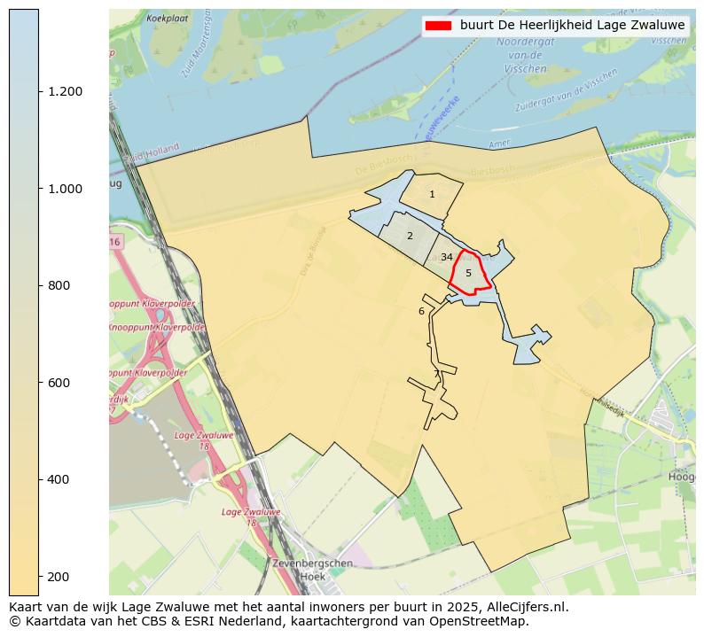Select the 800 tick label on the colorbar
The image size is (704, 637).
pos(58,285)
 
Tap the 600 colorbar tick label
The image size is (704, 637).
pos(58,383)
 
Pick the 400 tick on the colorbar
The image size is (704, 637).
pos(58,479)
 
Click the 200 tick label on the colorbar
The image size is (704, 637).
pos(58,577)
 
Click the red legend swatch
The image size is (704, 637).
pos(438,26)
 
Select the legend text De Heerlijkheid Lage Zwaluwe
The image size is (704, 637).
pos(573,26)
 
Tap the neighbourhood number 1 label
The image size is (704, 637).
pos(432,194)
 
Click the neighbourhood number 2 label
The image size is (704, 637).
pos(410,236)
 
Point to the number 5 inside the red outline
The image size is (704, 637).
pos(468,273)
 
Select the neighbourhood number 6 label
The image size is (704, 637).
pos(421,311)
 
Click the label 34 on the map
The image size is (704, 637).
pos(447,257)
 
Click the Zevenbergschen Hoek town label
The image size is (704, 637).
pos(301,570)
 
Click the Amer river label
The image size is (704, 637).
pos(501,144)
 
